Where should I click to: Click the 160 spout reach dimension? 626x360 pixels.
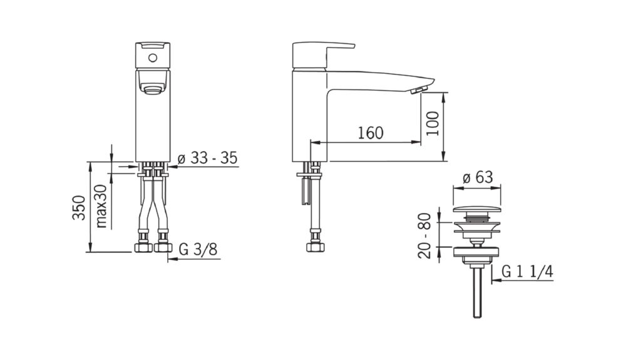tap(371, 133)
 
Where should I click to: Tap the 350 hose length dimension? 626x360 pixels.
tap(79, 207)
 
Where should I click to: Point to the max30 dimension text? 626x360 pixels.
tap(101, 206)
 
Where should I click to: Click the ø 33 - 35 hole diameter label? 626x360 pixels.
tap(207, 158)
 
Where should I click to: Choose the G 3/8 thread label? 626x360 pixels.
tap(198, 249)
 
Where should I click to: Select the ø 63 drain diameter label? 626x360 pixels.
tap(478, 177)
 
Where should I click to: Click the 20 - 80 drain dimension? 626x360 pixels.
tap(425, 235)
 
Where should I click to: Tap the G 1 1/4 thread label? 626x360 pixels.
tap(527, 272)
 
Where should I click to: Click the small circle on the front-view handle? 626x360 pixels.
tap(153, 58)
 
